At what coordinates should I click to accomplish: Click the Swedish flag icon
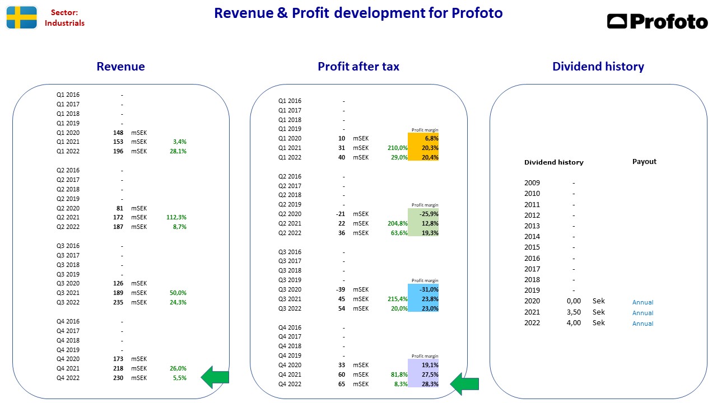point(22,17)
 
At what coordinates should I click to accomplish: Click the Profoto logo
point(657,21)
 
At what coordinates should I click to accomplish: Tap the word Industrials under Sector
point(64,23)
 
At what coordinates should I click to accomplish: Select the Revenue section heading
point(120,67)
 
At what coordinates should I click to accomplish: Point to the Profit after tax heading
point(358,67)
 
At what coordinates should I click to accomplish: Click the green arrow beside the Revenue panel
point(215,377)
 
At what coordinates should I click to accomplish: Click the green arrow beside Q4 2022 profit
point(464,384)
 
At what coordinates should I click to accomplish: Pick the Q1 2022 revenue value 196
point(118,151)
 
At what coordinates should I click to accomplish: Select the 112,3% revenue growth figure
point(176,218)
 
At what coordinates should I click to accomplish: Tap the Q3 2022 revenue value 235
point(118,303)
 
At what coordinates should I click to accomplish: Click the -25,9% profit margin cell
point(423,214)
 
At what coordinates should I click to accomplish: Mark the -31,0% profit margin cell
point(423,289)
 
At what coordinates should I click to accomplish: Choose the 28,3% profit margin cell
point(423,384)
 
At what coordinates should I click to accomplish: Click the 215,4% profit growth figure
point(398,299)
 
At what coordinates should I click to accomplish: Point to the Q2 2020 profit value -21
point(340,214)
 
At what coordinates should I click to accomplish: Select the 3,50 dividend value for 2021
point(574,312)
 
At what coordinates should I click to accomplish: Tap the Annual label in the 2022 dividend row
point(642,324)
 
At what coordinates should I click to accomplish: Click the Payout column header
point(644,162)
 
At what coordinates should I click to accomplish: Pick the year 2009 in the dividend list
point(532,183)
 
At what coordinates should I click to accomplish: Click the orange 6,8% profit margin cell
point(423,138)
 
